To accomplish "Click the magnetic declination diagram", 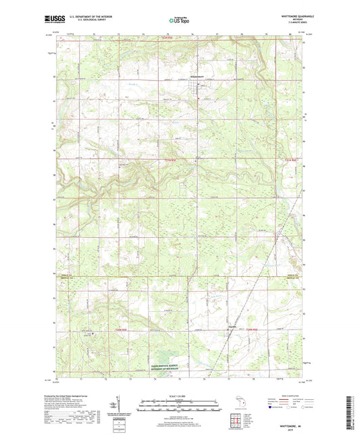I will (122, 407).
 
